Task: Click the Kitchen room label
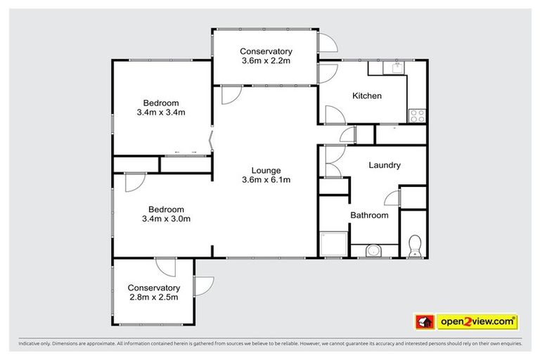pyautogui.click(x=367, y=96)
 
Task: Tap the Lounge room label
pyautogui.click(x=266, y=170)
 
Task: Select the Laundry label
pyautogui.click(x=385, y=165)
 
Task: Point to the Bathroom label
pyautogui.click(x=369, y=215)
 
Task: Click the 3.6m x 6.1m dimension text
pyautogui.click(x=266, y=180)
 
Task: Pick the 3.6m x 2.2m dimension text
pyautogui.click(x=266, y=61)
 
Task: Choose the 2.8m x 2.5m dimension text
pyautogui.click(x=153, y=297)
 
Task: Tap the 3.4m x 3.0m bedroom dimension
pyautogui.click(x=167, y=219)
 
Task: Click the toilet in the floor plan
pyautogui.click(x=414, y=245)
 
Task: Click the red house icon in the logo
pyautogui.click(x=425, y=322)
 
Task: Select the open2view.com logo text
pyautogui.click(x=477, y=321)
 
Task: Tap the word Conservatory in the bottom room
pyautogui.click(x=153, y=288)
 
